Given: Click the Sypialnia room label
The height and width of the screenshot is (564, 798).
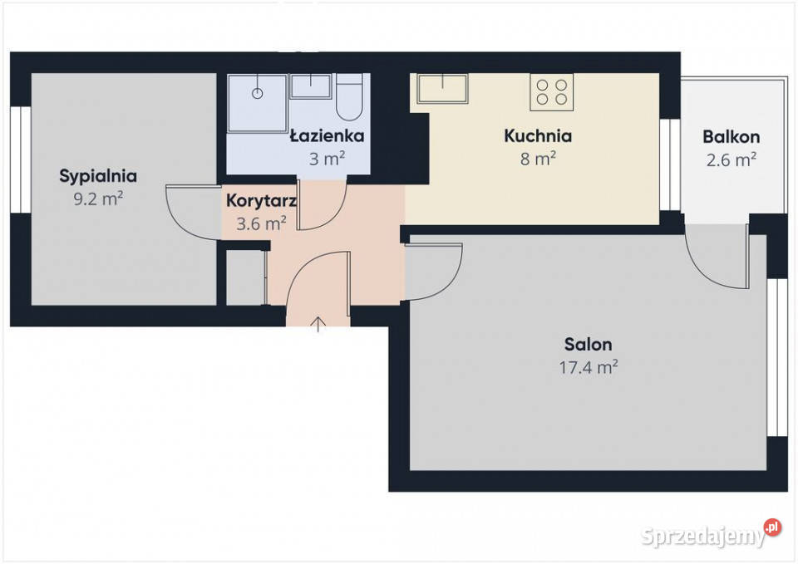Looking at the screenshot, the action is coord(98,176).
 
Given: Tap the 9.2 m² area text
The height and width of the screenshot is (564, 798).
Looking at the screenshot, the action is coord(98,199).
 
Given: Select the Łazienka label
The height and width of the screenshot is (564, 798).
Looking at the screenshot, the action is coord(327,135).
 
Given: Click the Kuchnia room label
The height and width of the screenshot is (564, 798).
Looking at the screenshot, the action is coord(538,135).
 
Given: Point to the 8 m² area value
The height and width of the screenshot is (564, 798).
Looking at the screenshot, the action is coord(538,159).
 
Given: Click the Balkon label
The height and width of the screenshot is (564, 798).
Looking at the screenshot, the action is coord(731,137).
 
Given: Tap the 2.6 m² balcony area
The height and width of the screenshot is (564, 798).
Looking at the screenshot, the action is coord(731,159).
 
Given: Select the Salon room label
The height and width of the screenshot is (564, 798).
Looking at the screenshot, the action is coord(589,345).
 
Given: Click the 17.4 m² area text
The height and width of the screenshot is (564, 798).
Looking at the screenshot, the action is coord(589,366).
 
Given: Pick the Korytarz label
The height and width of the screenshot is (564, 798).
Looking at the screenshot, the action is coord(261,201).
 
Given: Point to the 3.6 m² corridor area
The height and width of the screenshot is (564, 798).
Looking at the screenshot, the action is coord(261,223).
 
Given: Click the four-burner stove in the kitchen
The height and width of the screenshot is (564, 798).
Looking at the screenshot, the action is coord(552,92).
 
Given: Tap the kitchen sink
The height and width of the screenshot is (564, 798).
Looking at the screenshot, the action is coord(442,89).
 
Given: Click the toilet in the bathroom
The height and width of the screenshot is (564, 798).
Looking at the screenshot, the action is coord(349,96).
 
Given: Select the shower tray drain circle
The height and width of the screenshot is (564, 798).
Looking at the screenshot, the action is coord(258,94).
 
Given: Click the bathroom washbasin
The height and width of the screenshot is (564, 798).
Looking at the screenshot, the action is coord(310,86).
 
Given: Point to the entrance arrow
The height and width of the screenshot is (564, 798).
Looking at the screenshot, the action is coord(318,324).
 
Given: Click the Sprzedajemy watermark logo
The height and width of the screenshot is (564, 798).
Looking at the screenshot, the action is coord(711,534).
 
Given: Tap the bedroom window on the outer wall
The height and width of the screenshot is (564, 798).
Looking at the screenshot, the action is coord(21,159).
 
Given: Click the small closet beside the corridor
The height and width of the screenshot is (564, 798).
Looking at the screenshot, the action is coord(245,277).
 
